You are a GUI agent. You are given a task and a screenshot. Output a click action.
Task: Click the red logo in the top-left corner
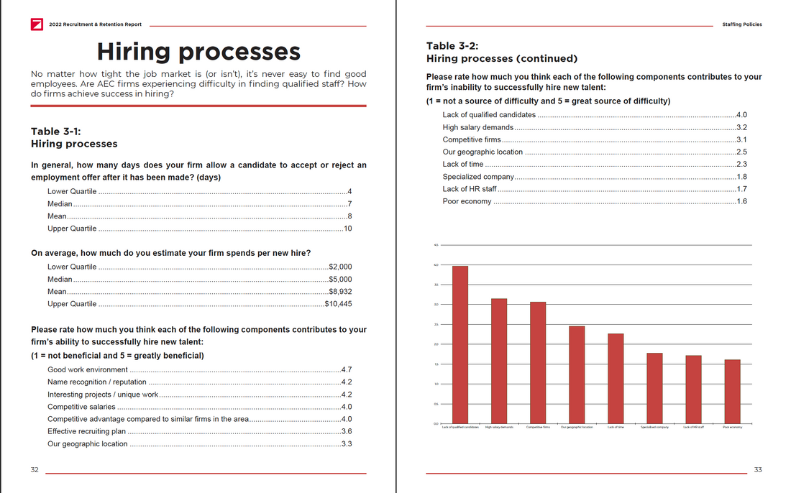tap(37, 24)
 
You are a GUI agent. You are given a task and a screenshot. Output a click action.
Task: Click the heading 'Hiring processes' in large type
tap(198, 52)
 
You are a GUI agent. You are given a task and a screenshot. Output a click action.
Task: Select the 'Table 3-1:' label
tap(56, 132)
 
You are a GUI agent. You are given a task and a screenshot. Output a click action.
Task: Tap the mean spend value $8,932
tap(339, 292)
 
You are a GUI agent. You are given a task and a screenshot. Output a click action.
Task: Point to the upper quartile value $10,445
tap(338, 304)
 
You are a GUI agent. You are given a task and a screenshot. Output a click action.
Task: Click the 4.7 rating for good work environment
tap(347, 370)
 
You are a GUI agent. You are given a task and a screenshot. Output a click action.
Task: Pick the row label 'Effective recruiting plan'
tap(86, 431)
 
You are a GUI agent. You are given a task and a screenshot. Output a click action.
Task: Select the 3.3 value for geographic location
tap(347, 444)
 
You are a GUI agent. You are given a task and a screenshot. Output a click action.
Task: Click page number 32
tap(35, 470)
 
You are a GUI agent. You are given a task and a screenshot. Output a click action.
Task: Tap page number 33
tap(758, 470)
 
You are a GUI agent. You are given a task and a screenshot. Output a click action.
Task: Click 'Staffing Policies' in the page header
tap(741, 24)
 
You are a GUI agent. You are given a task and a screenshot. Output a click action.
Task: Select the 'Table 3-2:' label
tap(451, 46)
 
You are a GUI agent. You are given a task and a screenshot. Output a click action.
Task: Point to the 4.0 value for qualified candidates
tap(742, 115)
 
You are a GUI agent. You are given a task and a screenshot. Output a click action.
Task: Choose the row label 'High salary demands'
tap(478, 127)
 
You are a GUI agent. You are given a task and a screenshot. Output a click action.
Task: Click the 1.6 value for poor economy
tap(742, 201)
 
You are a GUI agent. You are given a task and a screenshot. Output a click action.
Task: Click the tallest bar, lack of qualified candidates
tap(460, 345)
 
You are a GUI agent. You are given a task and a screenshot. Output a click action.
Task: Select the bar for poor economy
tap(732, 392)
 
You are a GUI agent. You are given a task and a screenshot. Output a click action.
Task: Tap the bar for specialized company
tap(654, 388)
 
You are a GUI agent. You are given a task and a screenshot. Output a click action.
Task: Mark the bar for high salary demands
tap(499, 361)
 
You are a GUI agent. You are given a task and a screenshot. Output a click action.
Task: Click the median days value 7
tap(349, 204)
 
